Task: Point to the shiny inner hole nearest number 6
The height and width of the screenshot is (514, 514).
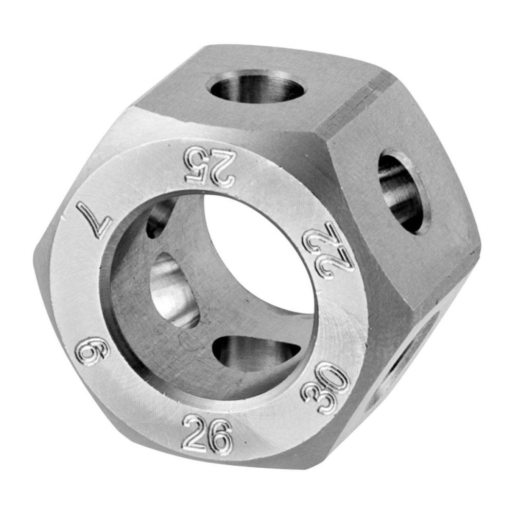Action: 172,290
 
